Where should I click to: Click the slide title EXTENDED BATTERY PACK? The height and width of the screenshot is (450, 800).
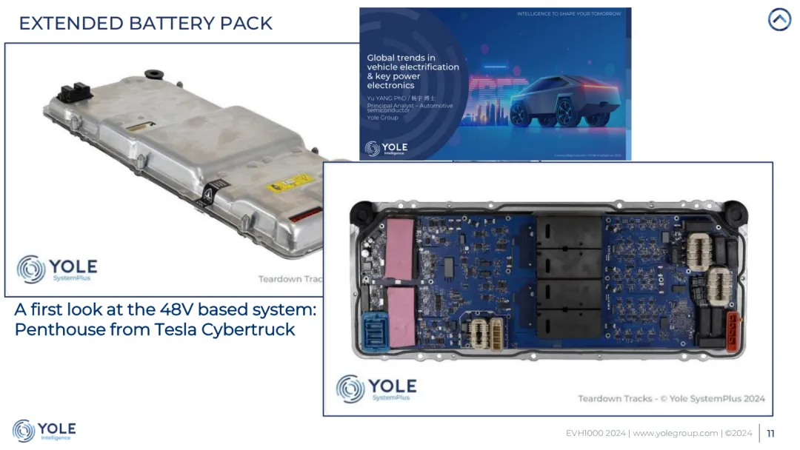(x=146, y=23)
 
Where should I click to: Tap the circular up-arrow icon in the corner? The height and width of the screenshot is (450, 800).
(x=779, y=20)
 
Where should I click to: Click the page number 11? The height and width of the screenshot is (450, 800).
(x=771, y=433)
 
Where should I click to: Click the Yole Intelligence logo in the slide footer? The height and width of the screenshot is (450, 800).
(x=44, y=431)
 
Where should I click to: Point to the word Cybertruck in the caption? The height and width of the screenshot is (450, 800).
(x=247, y=329)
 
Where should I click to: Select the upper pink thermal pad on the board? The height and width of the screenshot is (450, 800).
(x=400, y=249)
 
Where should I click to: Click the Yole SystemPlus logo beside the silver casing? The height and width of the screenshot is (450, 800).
(x=58, y=269)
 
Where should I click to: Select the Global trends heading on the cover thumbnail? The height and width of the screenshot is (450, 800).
(x=413, y=71)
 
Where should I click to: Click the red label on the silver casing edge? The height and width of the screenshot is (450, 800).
(x=304, y=215)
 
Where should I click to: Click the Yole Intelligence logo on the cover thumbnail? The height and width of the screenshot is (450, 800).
(x=386, y=148)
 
